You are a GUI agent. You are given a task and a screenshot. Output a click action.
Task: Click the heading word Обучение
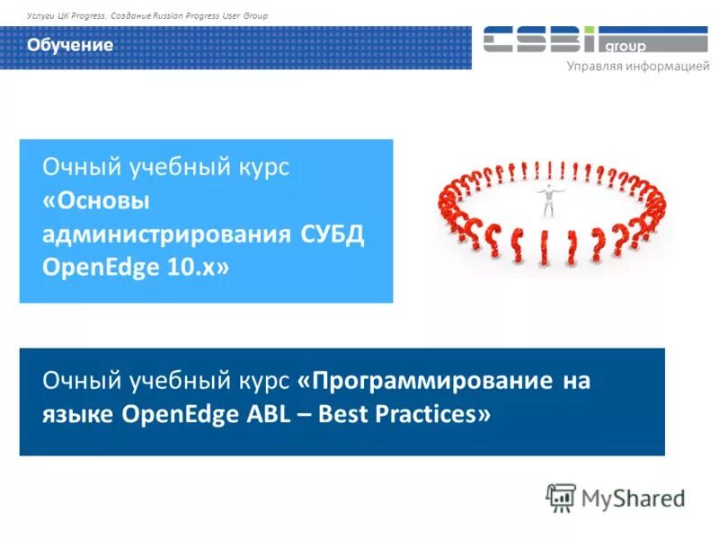click(69, 45)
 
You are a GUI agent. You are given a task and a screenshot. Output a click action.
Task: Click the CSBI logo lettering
click(540, 40)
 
